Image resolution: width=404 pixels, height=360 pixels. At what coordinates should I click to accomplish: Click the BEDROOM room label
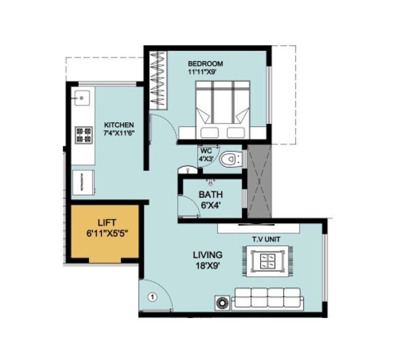click(205, 64)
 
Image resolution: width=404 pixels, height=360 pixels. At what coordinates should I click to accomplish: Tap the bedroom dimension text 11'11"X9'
click(205, 72)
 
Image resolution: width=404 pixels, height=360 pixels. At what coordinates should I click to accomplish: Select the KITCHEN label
click(119, 125)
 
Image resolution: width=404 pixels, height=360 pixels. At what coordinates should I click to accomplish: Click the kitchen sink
click(82, 96)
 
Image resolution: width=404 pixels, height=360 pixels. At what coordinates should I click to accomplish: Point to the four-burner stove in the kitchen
click(84, 134)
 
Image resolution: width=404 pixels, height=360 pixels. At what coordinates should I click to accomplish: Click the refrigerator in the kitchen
click(83, 182)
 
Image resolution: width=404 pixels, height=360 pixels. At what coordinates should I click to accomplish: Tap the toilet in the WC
click(232, 159)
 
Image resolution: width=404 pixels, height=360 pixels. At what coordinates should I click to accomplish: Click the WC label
click(205, 151)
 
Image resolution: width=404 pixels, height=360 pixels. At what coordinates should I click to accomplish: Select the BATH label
click(211, 194)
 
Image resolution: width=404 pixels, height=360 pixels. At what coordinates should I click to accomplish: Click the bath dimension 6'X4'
click(211, 205)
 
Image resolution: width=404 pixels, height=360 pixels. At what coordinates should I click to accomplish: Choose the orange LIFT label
click(107, 222)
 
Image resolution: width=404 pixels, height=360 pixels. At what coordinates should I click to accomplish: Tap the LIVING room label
click(208, 255)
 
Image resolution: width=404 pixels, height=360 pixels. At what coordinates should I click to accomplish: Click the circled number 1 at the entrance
click(151, 297)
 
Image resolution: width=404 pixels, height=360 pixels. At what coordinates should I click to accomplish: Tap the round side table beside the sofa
click(222, 302)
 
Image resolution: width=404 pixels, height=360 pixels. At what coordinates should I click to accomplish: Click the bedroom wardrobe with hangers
click(159, 79)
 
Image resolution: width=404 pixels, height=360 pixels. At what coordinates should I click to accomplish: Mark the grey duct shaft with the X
click(258, 182)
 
